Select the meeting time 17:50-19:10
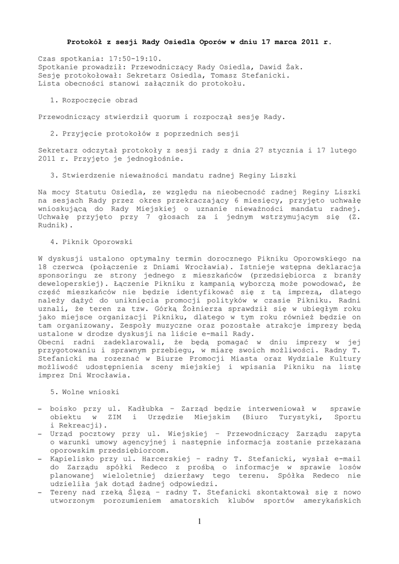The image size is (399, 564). (x=125, y=58)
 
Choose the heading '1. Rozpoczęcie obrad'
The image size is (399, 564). (x=93, y=100)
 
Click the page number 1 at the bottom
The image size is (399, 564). (x=199, y=522)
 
